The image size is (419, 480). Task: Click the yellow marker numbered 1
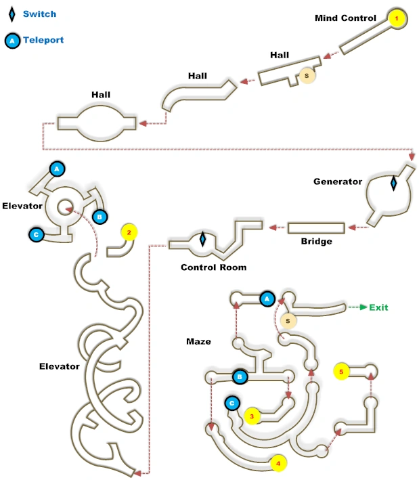[x=397, y=18]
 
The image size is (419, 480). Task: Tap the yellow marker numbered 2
[x=129, y=232]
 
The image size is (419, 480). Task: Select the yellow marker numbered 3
[x=252, y=416]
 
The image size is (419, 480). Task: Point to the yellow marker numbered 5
[x=342, y=371]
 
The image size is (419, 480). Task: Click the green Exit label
[x=378, y=307]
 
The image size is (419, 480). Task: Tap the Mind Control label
[x=345, y=18]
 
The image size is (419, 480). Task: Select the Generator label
[x=338, y=181]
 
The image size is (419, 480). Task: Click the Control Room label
[x=213, y=267]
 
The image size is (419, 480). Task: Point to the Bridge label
[x=316, y=242]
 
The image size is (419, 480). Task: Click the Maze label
[x=198, y=341]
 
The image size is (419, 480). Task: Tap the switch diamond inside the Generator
[x=393, y=183]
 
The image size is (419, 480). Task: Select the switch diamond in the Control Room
[x=202, y=239]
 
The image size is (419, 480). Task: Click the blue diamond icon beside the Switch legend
[x=12, y=14]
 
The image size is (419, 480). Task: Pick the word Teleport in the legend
[x=43, y=40]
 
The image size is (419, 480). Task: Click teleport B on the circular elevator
[x=100, y=217]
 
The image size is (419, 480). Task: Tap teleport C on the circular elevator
[x=36, y=234]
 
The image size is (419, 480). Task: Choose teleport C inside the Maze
[x=232, y=403]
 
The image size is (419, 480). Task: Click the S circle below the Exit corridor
[x=288, y=320]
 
